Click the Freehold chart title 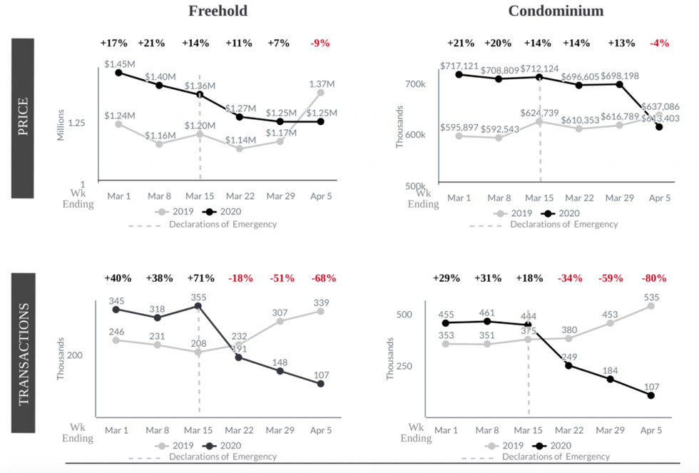click(218, 11)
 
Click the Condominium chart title click(556, 11)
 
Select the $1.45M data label click(118, 64)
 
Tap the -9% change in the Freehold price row click(320, 43)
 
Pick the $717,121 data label click(458, 66)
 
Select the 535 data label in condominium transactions click(650, 297)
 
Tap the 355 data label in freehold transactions click(198, 297)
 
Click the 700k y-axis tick click(416, 84)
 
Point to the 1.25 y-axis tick click(76, 123)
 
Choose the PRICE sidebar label click(23, 118)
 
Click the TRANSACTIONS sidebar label click(23, 354)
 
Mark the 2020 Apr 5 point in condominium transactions click(650, 395)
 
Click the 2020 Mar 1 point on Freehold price click(118, 73)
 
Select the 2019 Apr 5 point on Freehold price click(321, 93)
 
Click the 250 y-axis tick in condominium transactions click(415, 366)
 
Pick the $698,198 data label click(618, 75)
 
